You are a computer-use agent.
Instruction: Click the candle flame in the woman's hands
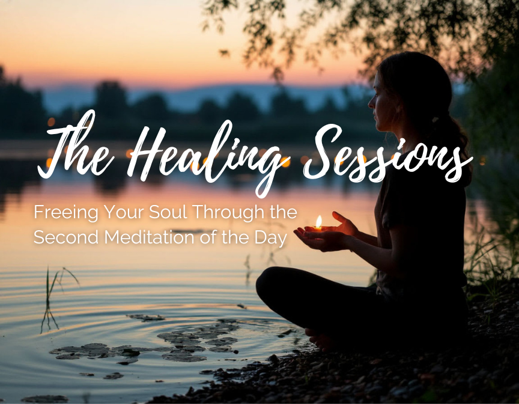point(318,221)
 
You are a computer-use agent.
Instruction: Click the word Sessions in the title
point(387,154)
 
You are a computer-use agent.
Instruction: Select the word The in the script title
point(76,145)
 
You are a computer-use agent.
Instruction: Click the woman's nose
point(371,103)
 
